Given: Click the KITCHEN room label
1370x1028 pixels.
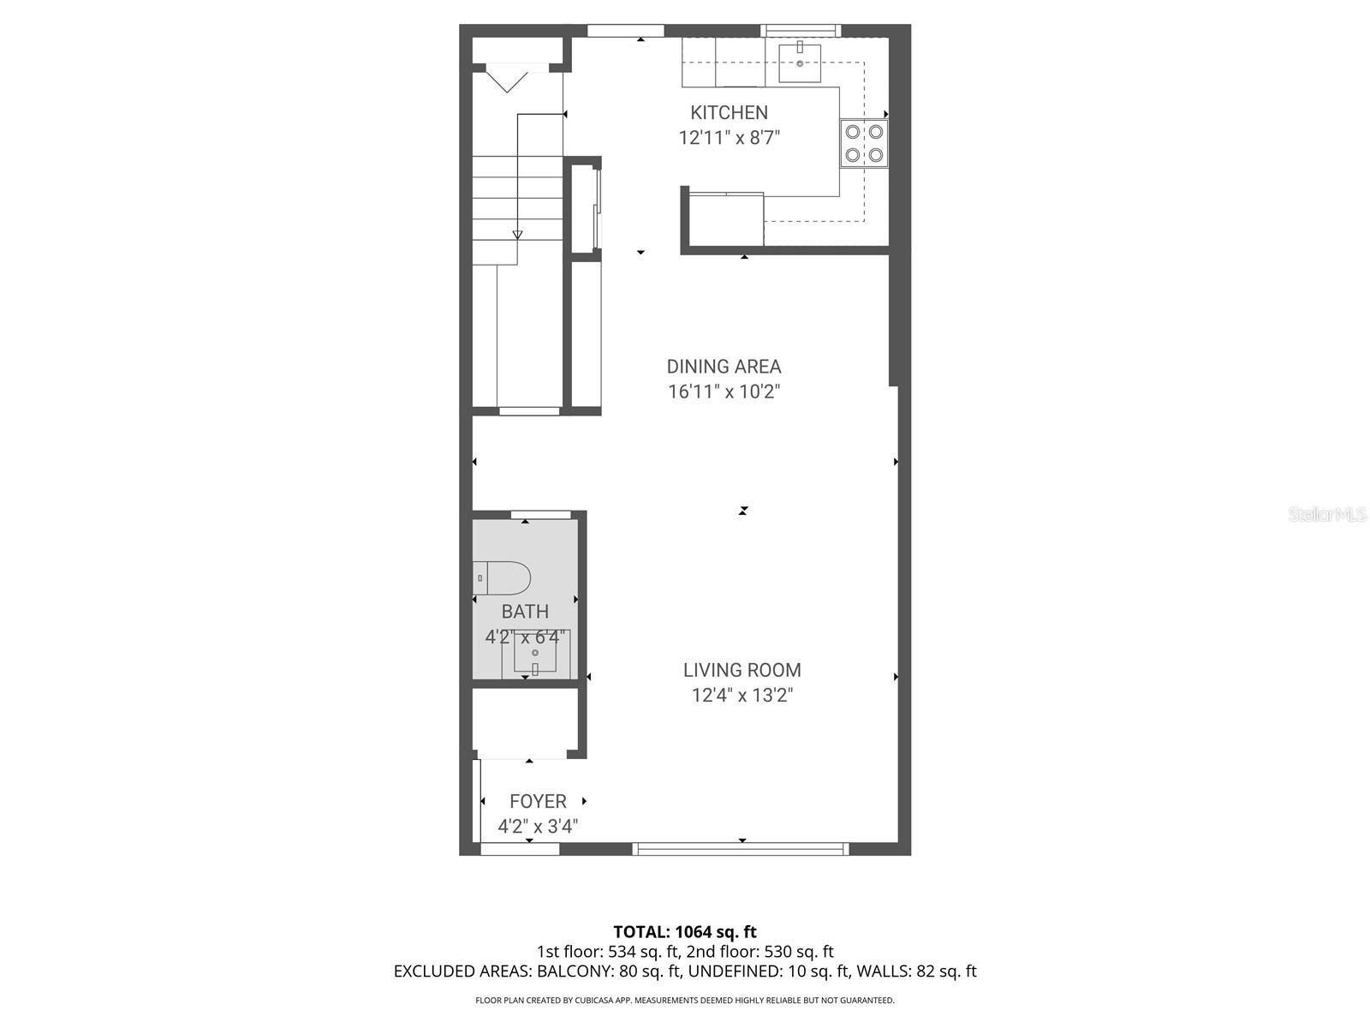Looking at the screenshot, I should [x=729, y=112].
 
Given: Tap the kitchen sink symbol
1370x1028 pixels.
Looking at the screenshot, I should [x=800, y=63].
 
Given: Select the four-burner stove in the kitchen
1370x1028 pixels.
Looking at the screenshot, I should [x=863, y=143].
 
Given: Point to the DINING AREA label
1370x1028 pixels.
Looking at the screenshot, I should [x=724, y=367].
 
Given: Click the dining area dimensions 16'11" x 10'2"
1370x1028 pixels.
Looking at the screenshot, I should [x=724, y=392].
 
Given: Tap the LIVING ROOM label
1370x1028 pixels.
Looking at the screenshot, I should [x=742, y=670].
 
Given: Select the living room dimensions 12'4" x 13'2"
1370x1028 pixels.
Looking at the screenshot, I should [x=742, y=696].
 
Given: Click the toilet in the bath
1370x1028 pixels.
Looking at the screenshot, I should [x=503, y=578].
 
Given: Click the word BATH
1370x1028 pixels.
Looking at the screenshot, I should [x=525, y=612].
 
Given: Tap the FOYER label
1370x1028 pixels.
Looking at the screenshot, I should [x=538, y=801].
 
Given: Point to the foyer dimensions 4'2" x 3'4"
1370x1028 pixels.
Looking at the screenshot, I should [x=538, y=827].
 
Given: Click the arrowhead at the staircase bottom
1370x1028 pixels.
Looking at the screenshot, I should [x=517, y=234].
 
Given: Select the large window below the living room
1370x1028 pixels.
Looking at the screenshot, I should [x=741, y=849].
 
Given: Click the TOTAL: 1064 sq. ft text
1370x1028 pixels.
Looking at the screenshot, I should [x=685, y=931].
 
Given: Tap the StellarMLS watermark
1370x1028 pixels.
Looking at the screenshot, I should [x=1327, y=515].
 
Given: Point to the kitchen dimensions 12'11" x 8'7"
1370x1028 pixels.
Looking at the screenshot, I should [x=729, y=138].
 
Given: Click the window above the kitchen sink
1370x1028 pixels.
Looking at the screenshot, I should [x=801, y=32].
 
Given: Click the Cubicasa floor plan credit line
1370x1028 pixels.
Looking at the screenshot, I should [x=685, y=1000].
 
